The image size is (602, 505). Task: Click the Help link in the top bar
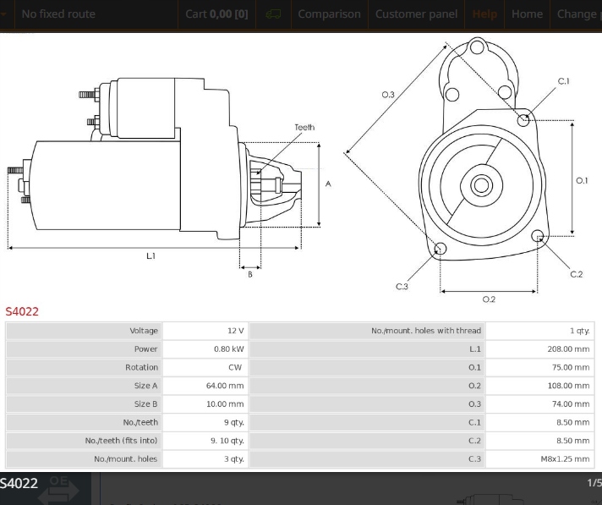click(485, 14)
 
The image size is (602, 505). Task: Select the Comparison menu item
click(329, 14)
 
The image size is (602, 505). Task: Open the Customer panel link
click(416, 14)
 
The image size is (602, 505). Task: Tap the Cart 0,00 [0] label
click(216, 14)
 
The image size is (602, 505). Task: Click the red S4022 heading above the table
click(22, 311)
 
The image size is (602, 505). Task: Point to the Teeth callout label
click(304, 128)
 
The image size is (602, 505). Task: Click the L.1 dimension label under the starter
click(150, 255)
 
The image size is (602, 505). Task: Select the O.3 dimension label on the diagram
click(388, 95)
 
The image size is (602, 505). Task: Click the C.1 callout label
click(564, 81)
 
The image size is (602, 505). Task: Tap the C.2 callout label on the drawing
click(577, 274)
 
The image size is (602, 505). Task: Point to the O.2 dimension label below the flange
click(489, 299)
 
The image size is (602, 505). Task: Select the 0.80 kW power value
click(228, 349)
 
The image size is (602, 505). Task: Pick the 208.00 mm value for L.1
click(568, 349)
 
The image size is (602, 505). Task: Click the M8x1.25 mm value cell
click(566, 459)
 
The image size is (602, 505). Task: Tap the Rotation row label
click(141, 367)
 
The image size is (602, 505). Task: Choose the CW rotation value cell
click(235, 367)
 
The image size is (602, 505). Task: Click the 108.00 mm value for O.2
click(568, 386)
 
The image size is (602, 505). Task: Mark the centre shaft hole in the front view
click(481, 184)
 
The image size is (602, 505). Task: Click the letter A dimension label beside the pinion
click(328, 184)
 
